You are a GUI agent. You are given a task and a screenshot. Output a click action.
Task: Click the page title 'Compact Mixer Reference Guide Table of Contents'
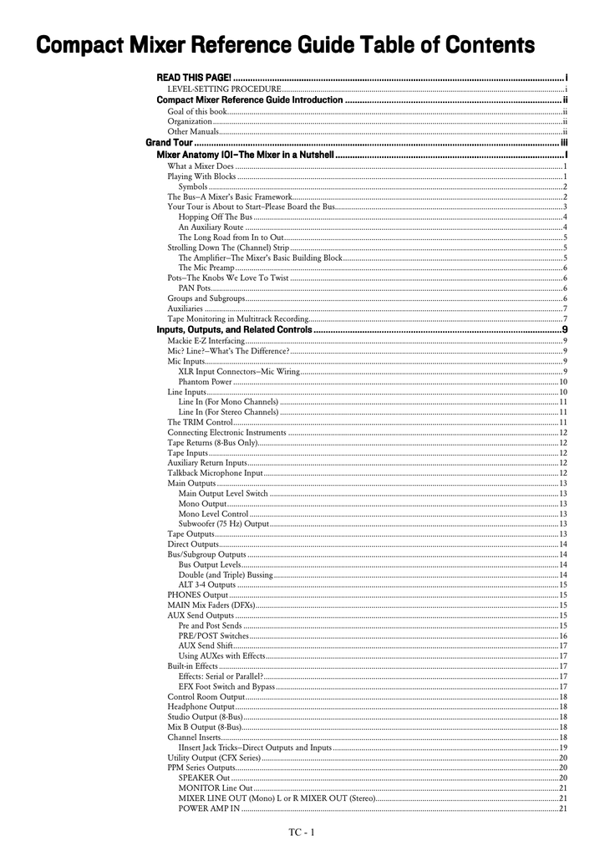285,43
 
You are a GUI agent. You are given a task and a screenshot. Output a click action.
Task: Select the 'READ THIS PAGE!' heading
194,78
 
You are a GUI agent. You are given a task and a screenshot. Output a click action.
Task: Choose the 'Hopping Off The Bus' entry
215,217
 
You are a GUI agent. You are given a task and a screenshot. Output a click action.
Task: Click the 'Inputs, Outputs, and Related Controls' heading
234,330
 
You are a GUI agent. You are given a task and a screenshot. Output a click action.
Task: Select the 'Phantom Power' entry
205,381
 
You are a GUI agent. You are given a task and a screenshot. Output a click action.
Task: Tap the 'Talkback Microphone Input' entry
215,473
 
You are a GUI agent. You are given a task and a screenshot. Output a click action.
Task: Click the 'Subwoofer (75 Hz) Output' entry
223,523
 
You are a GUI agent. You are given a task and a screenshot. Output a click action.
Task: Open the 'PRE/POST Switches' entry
213,635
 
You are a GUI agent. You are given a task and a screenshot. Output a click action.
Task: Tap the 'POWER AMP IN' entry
209,808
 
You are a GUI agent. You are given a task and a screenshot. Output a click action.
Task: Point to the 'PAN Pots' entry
194,288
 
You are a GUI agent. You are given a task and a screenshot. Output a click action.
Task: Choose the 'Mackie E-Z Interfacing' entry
206,340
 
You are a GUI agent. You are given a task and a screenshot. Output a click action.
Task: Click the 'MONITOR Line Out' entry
215,787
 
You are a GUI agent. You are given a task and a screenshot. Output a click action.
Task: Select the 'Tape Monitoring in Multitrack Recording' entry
238,318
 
